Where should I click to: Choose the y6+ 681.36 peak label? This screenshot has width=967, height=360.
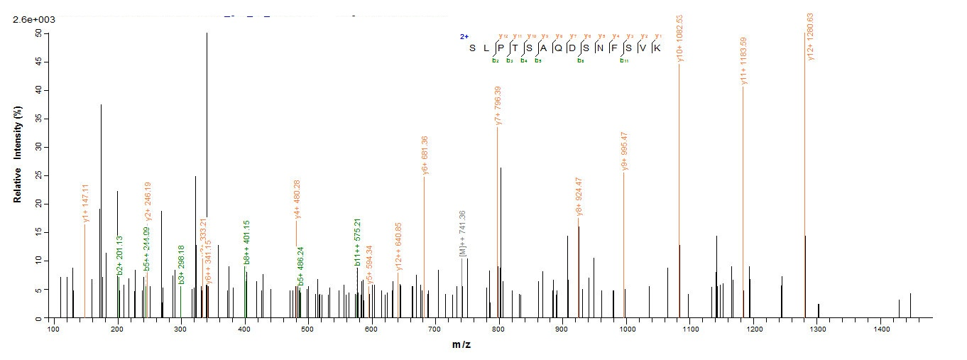(x=425, y=155)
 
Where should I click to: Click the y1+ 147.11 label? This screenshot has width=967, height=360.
(x=85, y=204)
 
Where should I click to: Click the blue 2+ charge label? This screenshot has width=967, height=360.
(x=464, y=36)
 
